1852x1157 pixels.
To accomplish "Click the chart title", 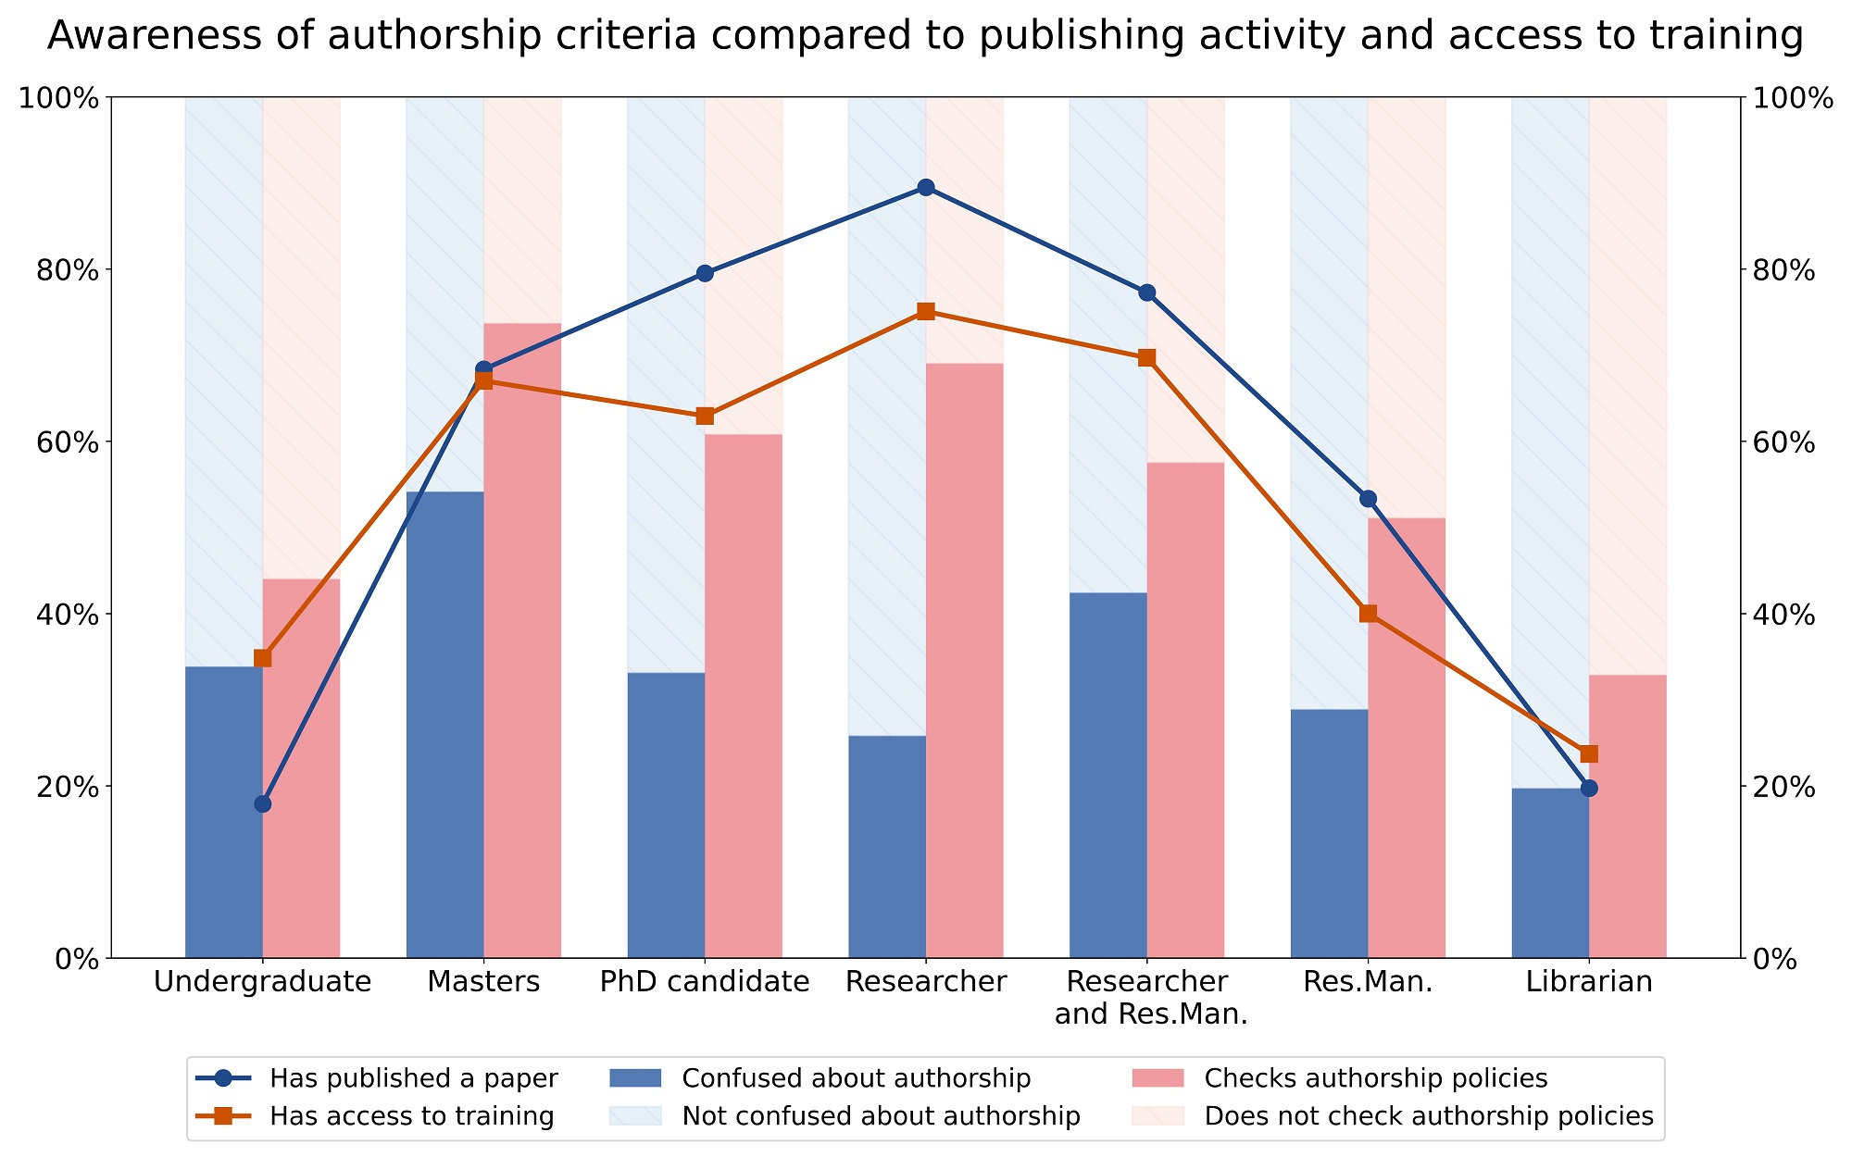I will click(x=924, y=37).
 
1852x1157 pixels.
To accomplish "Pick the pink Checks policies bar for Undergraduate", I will click(x=301, y=768).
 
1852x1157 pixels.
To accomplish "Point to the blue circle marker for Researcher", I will click(x=925, y=188).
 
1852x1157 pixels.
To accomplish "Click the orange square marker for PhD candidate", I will click(x=705, y=416).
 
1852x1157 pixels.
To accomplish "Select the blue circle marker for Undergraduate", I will click(x=263, y=803).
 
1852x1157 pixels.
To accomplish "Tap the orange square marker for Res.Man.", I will click(x=1368, y=613).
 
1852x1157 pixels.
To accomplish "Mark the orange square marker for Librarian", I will click(x=1589, y=753).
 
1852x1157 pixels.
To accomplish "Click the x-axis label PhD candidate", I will click(x=705, y=981).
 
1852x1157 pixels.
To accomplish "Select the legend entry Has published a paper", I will click(x=413, y=1078).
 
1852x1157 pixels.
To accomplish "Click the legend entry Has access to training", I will click(x=411, y=1116).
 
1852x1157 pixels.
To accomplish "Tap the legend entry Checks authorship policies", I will click(x=1375, y=1078).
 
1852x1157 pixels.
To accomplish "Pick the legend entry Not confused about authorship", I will click(x=880, y=1116).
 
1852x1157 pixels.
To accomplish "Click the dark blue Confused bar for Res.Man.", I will click(x=1329, y=833).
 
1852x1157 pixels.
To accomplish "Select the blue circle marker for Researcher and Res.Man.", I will click(x=1146, y=292).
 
